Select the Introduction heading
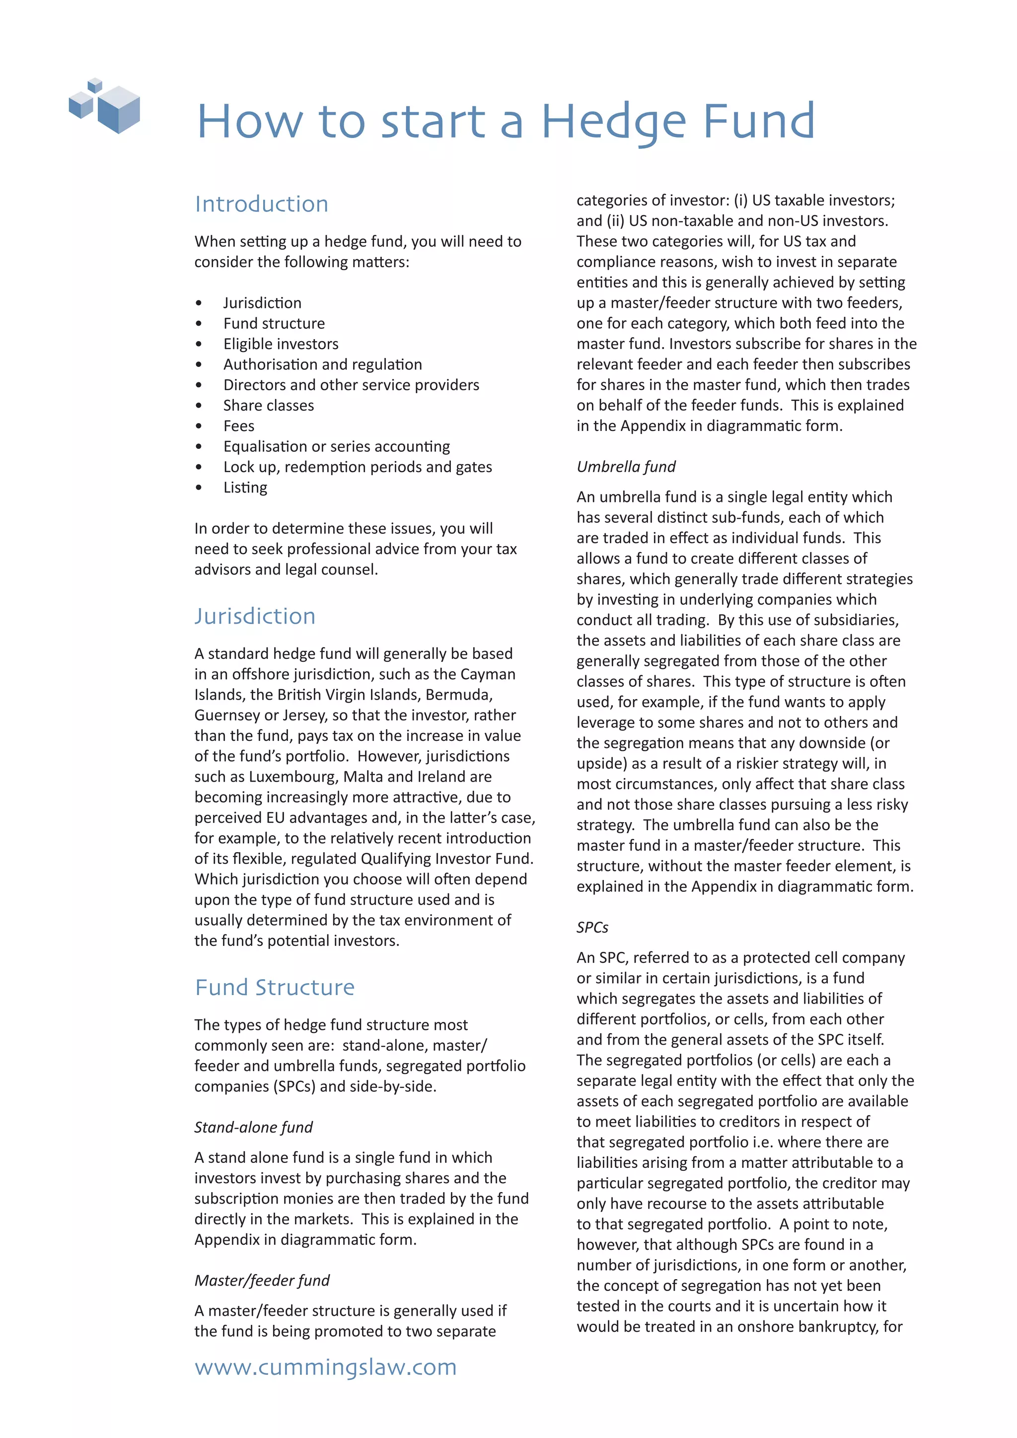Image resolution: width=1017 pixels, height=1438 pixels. pos(261,204)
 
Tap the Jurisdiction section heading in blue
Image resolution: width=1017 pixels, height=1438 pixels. pos(255,616)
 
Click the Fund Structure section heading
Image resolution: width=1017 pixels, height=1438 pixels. pos(274,988)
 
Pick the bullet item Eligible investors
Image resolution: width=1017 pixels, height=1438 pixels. pos(281,344)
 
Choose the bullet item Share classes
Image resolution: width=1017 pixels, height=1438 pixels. pos(269,405)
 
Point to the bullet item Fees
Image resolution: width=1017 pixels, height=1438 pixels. pos(238,426)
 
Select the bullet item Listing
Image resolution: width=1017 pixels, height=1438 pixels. pos(245,487)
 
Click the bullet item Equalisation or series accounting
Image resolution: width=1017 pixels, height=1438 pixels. pos(336,446)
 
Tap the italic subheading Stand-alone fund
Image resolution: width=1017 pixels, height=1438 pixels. pos(253,1127)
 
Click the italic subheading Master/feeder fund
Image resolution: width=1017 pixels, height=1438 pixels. pos(262,1281)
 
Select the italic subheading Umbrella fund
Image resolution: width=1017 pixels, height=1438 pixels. pos(626,467)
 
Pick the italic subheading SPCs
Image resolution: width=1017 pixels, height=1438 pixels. pos(592,928)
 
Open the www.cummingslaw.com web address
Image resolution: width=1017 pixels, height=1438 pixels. pos(326,1367)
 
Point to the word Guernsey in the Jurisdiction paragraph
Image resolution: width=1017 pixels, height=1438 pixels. pos(227,715)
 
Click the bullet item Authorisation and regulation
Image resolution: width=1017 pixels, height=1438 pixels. pos(322,364)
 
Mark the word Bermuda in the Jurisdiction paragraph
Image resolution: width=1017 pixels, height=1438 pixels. pos(462,695)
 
